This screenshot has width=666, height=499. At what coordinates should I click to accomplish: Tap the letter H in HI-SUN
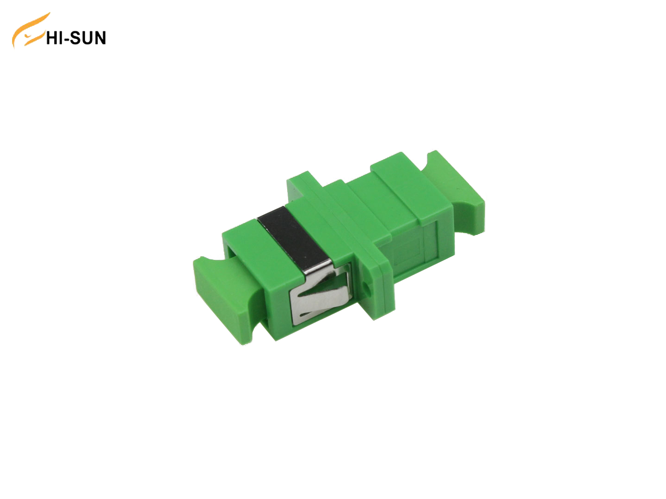pos(52,38)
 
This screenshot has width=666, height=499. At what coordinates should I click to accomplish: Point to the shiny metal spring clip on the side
pos(319,296)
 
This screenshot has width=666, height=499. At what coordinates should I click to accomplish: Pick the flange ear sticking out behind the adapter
pos(301,183)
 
